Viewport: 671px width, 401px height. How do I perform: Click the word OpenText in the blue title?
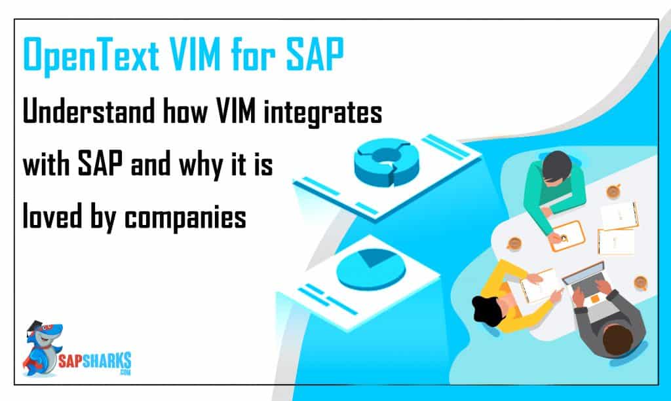[91, 55]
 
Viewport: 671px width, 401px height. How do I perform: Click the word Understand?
[88, 111]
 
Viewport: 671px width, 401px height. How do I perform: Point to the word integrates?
[322, 113]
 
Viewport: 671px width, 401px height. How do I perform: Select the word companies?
[185, 218]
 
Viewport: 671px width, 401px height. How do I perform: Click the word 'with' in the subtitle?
[47, 164]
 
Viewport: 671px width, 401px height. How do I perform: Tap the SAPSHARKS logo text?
[94, 362]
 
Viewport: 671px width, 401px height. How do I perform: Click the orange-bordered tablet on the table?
[567, 235]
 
